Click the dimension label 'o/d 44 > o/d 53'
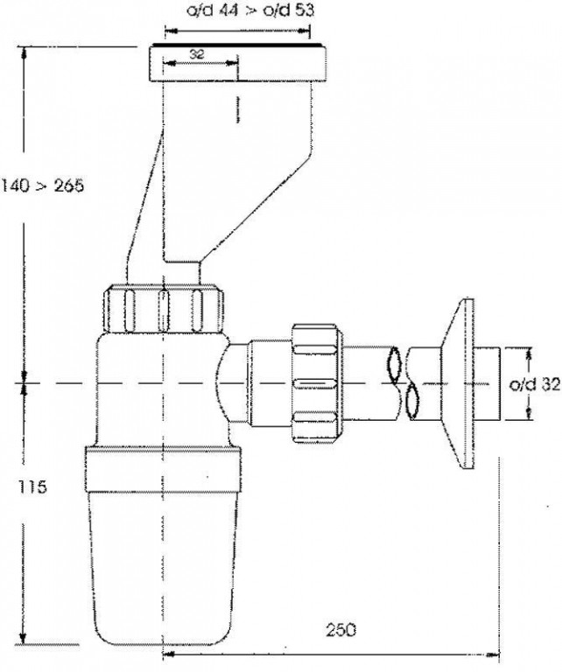[x=249, y=10]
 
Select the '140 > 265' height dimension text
[x=42, y=185]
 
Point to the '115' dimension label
[x=32, y=486]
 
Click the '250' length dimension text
[x=341, y=630]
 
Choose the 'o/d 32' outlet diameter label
[x=535, y=385]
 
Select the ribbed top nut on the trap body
[x=165, y=308]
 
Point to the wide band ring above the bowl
[x=163, y=469]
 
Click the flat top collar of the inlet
[x=237, y=63]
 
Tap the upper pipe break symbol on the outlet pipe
[x=393, y=363]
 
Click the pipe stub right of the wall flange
[x=488, y=383]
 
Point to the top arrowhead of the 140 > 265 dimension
[x=25, y=53]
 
